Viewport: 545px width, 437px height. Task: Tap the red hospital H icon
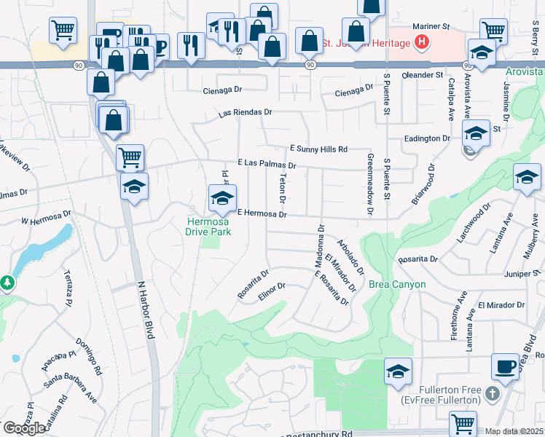click(420, 44)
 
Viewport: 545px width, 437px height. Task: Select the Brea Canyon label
click(397, 284)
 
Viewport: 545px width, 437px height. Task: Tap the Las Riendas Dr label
click(246, 113)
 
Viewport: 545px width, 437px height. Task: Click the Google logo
click(23, 428)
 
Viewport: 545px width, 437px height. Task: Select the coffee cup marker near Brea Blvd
click(505, 366)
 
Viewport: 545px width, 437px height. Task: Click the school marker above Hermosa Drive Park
click(222, 197)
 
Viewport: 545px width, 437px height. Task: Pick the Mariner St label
click(428, 27)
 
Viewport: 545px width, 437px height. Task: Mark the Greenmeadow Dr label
click(370, 185)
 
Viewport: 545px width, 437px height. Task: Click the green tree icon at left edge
click(7, 281)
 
